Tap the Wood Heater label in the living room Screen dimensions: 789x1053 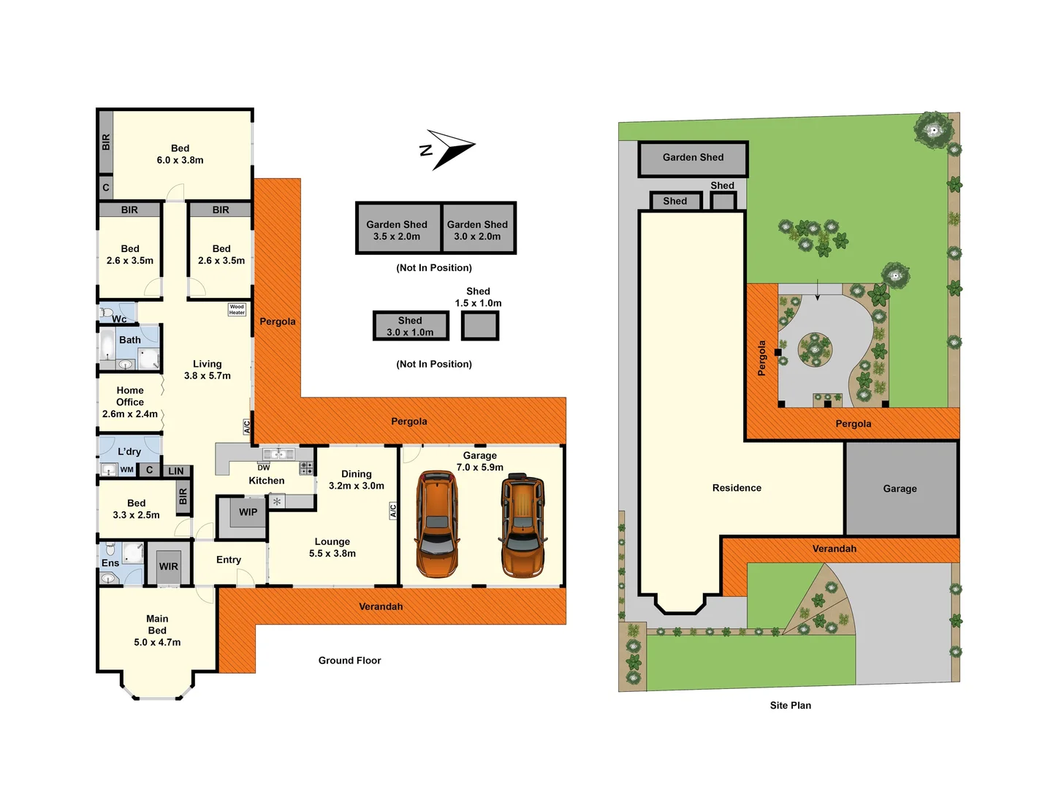[237, 310]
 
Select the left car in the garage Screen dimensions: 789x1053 [437, 525]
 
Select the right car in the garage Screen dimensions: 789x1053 [523, 525]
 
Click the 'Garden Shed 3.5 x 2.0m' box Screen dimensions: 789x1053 [398, 229]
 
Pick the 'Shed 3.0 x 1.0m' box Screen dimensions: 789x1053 [410, 326]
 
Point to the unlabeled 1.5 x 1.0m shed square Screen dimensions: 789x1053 [480, 326]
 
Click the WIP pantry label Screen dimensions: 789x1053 [248, 512]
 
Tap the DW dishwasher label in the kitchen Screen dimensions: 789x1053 [264, 468]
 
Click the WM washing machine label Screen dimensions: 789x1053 [126, 470]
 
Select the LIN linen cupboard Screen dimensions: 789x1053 [176, 471]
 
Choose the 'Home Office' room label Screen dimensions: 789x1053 [130, 397]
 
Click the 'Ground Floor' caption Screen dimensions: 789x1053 [349, 660]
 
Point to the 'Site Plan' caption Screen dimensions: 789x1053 [790, 705]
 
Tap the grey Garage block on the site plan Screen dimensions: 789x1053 [900, 489]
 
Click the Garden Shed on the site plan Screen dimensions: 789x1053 [693, 158]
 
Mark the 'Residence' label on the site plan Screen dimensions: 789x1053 [737, 488]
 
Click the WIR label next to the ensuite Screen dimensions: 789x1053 [169, 566]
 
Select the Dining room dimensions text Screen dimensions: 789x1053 [357, 486]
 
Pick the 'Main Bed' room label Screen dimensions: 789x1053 [157, 625]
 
